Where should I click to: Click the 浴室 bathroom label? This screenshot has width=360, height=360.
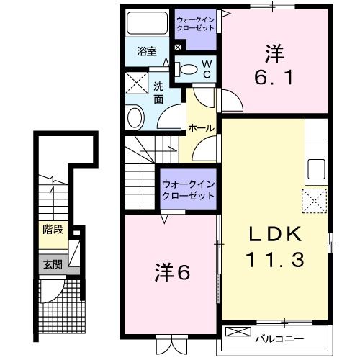[146, 51]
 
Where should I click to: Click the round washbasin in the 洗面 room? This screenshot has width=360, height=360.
[135, 117]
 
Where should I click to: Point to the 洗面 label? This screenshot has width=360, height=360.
[159, 94]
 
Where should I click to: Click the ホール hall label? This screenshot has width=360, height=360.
[200, 127]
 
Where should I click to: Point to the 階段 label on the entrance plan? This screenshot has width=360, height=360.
[52, 231]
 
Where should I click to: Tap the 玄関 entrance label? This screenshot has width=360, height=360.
[52, 264]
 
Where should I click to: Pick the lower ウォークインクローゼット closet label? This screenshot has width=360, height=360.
[189, 189]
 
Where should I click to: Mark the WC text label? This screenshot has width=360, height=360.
[205, 68]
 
